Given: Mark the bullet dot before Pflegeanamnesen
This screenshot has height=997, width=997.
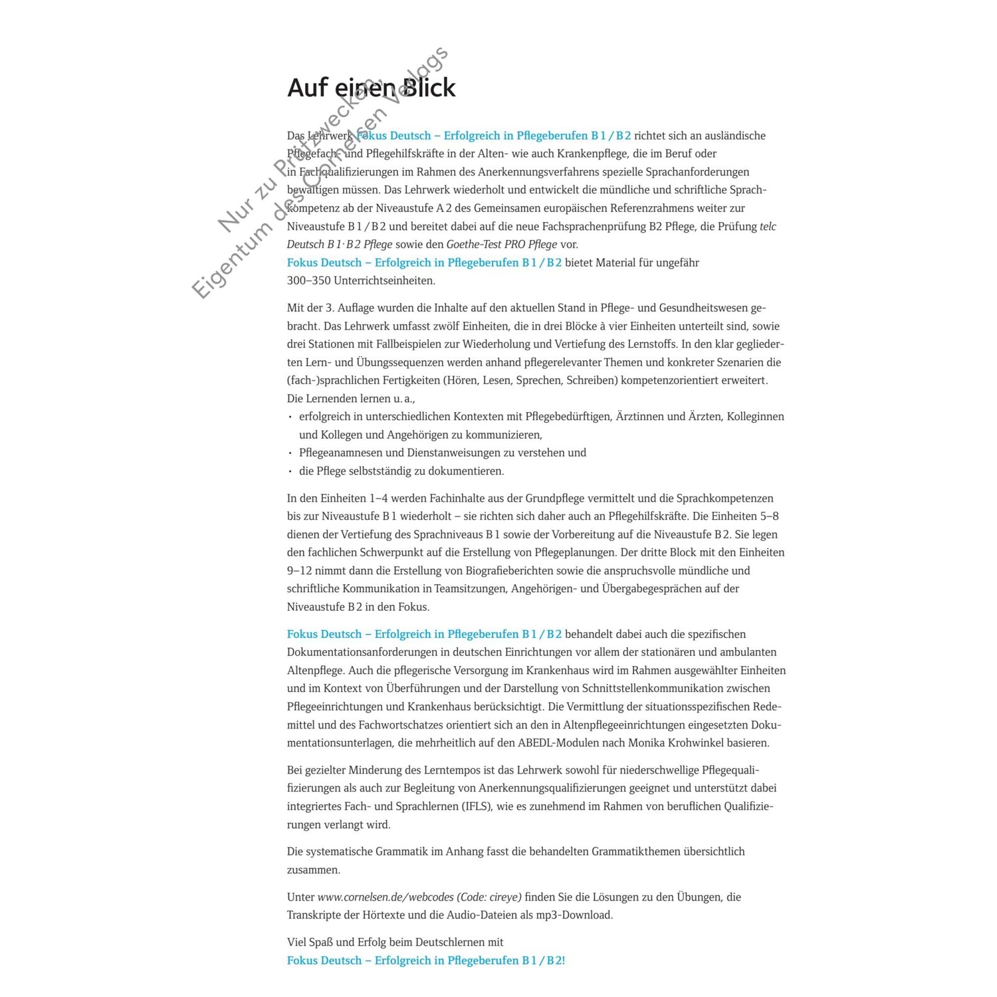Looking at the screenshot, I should pos(290,453).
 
